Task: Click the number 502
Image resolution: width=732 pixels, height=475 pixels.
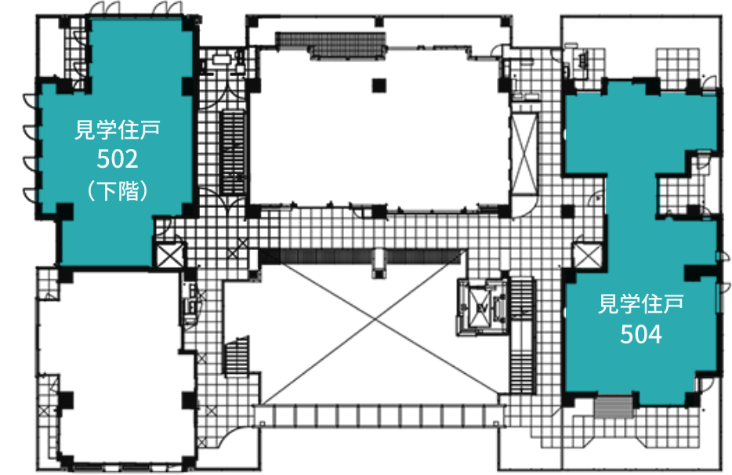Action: (118, 160)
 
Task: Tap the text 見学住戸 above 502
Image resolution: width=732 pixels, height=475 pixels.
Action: (118, 129)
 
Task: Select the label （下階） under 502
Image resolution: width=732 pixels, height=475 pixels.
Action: (118, 190)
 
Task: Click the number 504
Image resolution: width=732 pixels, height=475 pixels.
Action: (640, 335)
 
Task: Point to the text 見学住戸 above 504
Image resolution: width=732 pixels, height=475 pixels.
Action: (640, 303)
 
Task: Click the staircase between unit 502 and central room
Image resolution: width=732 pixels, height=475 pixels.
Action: (234, 145)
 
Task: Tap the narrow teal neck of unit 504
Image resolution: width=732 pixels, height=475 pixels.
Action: (631, 196)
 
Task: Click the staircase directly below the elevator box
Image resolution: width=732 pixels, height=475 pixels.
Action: (521, 368)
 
